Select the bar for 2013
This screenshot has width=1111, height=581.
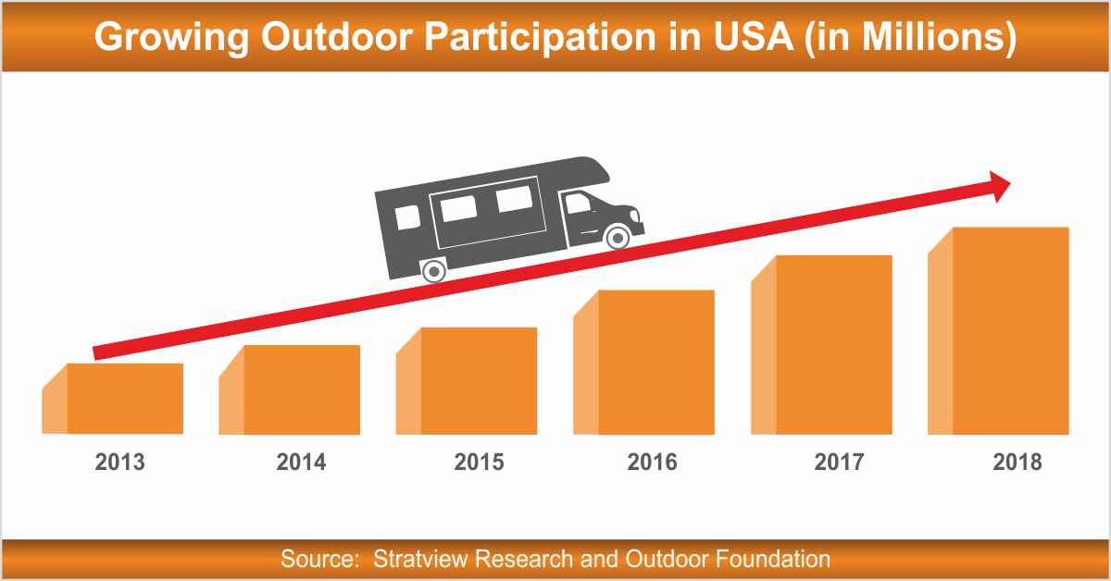tap(124, 399)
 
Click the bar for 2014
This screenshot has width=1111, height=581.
tap(301, 389)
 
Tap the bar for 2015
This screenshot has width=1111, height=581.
tap(479, 381)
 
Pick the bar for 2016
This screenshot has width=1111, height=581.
tap(655, 363)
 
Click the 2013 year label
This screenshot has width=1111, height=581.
tap(120, 462)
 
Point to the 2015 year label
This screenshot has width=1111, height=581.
tap(479, 462)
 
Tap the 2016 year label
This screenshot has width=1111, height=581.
tap(652, 462)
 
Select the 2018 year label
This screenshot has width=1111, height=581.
tap(1017, 462)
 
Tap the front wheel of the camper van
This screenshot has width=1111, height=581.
tap(617, 238)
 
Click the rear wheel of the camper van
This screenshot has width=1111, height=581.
tap(432, 271)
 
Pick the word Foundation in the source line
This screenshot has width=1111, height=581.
tap(774, 559)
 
